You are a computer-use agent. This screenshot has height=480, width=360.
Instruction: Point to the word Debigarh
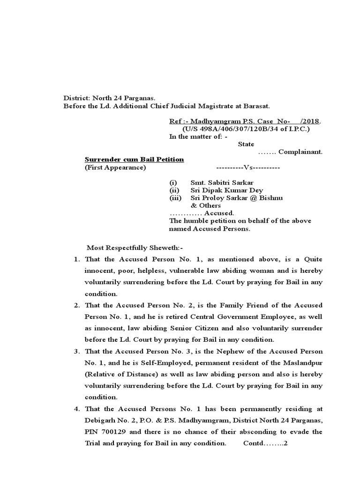(101, 420)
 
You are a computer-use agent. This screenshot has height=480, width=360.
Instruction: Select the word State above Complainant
(246, 144)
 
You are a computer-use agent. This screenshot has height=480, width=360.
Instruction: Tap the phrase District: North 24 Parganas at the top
(102, 98)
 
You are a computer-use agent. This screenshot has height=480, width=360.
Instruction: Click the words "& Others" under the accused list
(205, 205)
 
